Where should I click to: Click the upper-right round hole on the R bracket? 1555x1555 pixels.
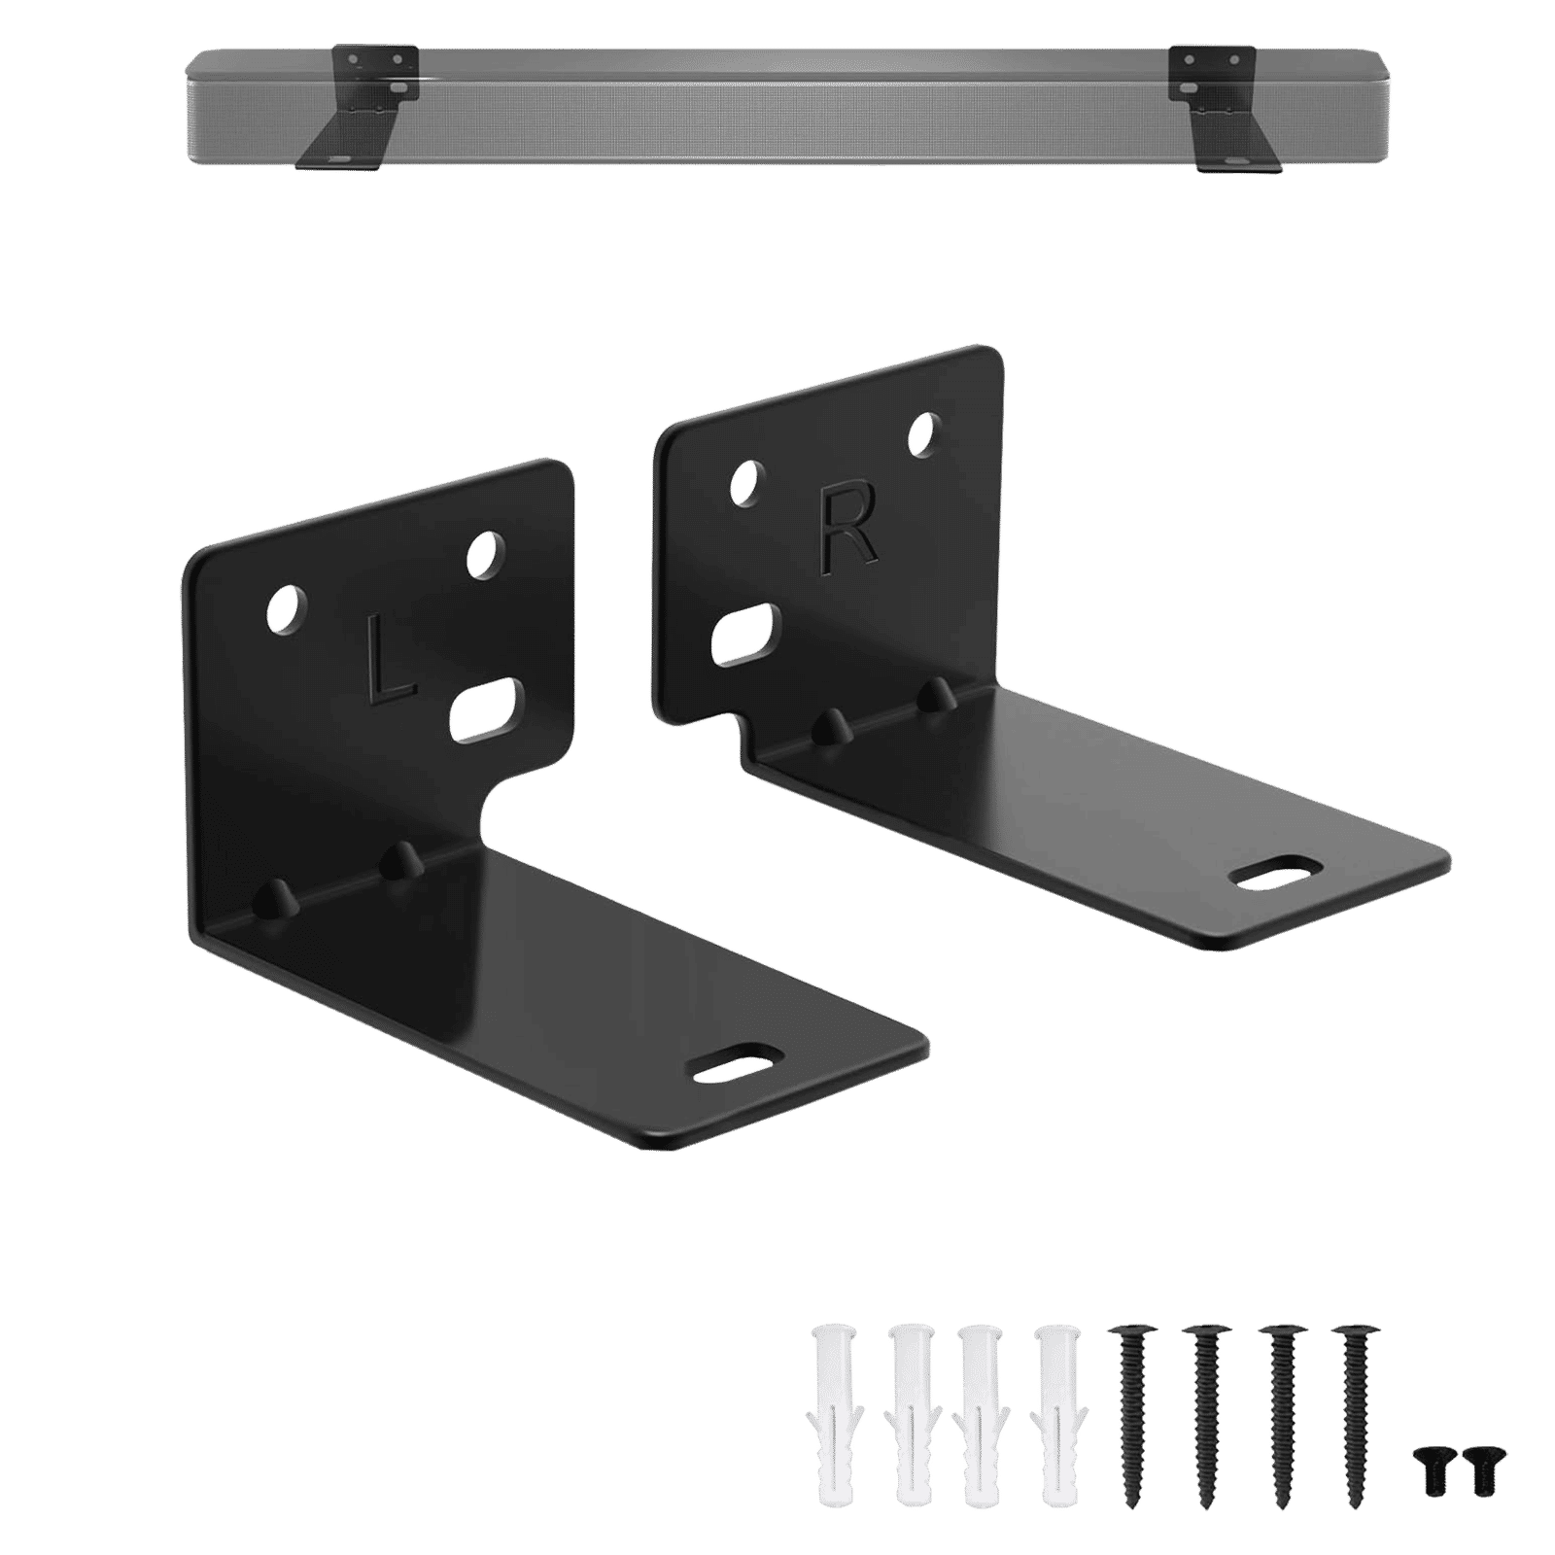pyautogui.click(x=923, y=434)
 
